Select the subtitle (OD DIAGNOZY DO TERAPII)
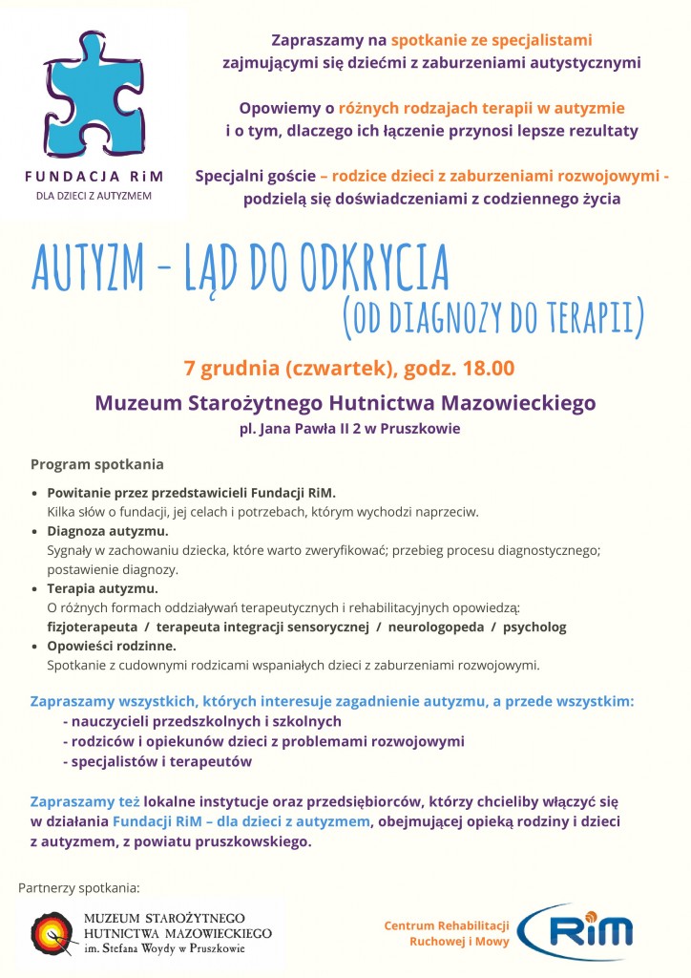coord(492,316)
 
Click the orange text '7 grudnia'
coord(227,369)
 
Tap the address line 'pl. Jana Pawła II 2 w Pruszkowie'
coord(349,429)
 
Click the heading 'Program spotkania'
coord(96,464)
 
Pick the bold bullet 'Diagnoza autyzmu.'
coord(108,531)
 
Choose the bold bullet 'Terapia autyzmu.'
coord(102,588)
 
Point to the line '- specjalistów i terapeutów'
coord(157,761)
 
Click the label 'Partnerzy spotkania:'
coord(79,888)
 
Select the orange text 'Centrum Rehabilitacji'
coord(446,925)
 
